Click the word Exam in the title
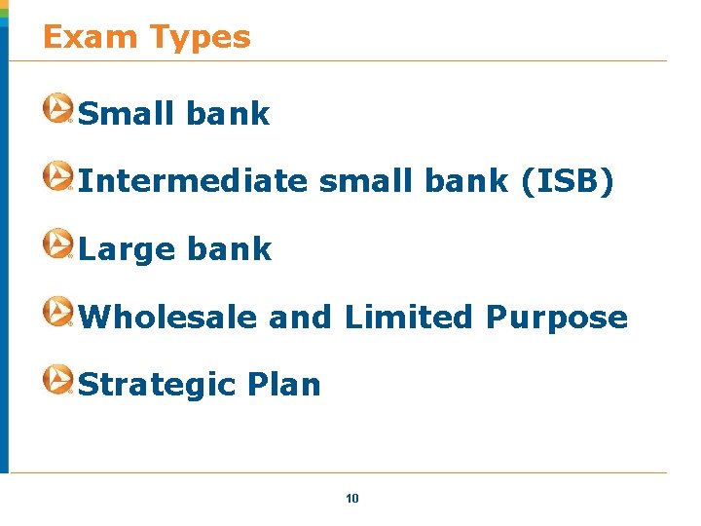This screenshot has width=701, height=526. pyautogui.click(x=92, y=37)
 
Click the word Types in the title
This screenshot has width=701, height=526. pyautogui.click(x=200, y=37)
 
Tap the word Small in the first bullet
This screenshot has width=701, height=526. pyautogui.click(x=127, y=114)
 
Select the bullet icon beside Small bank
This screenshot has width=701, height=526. pyautogui.click(x=57, y=108)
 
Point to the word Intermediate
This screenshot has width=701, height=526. pyautogui.click(x=192, y=181)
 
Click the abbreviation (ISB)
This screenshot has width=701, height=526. pyautogui.click(x=568, y=181)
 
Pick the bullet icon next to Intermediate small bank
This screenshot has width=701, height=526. pyautogui.click(x=57, y=176)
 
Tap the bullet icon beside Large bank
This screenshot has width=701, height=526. pyautogui.click(x=57, y=244)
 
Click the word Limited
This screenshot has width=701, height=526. pyautogui.click(x=409, y=318)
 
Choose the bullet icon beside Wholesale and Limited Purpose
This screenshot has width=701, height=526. pyautogui.click(x=57, y=312)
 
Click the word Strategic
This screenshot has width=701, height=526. pyautogui.click(x=157, y=386)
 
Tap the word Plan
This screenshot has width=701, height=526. pyautogui.click(x=283, y=385)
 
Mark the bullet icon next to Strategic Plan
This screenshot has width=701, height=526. pyautogui.click(x=57, y=380)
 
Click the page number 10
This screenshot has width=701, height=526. pyautogui.click(x=352, y=499)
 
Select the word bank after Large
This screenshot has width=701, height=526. pyautogui.click(x=229, y=249)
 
